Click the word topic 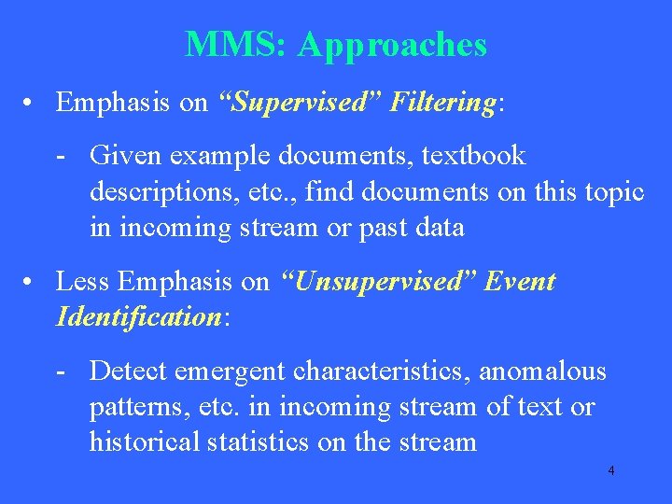(610, 192)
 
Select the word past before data (384, 228)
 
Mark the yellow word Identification (138, 317)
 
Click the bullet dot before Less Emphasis (32, 282)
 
